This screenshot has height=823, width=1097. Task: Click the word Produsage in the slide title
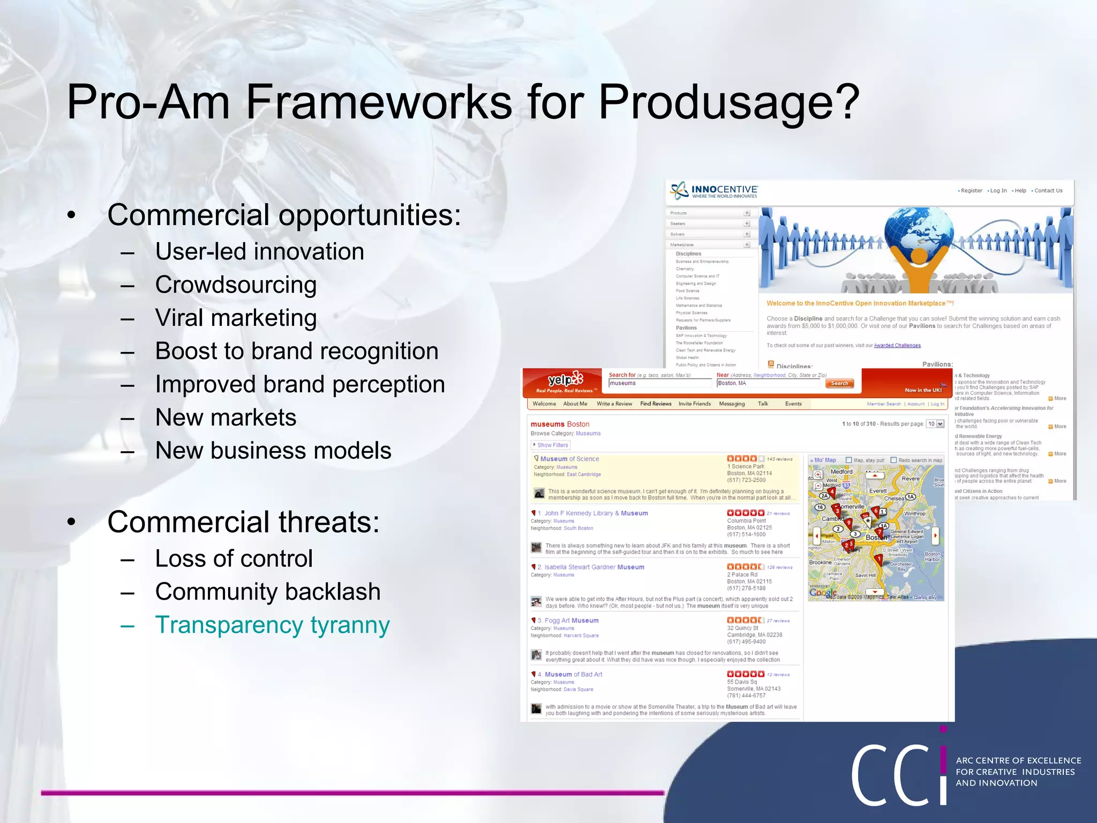click(728, 103)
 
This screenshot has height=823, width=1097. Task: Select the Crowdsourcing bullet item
click(236, 285)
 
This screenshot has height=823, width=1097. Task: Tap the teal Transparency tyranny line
click(272, 625)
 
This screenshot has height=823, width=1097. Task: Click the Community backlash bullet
click(268, 592)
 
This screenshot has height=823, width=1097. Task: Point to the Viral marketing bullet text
click(236, 318)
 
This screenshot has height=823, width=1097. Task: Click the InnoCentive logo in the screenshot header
click(715, 191)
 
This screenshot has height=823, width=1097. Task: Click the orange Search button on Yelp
click(839, 383)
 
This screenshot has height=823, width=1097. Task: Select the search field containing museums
click(660, 383)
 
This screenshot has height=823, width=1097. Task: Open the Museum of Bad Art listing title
click(573, 675)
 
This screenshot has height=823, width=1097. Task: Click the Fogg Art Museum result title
click(572, 620)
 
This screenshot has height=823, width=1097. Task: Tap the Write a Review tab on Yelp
click(614, 404)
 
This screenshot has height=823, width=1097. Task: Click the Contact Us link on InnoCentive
click(1048, 191)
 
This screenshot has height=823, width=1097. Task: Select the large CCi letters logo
click(900, 774)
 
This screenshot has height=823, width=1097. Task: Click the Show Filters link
click(552, 445)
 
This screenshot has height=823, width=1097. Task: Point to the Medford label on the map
click(841, 472)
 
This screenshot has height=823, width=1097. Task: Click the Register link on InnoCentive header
click(971, 191)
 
